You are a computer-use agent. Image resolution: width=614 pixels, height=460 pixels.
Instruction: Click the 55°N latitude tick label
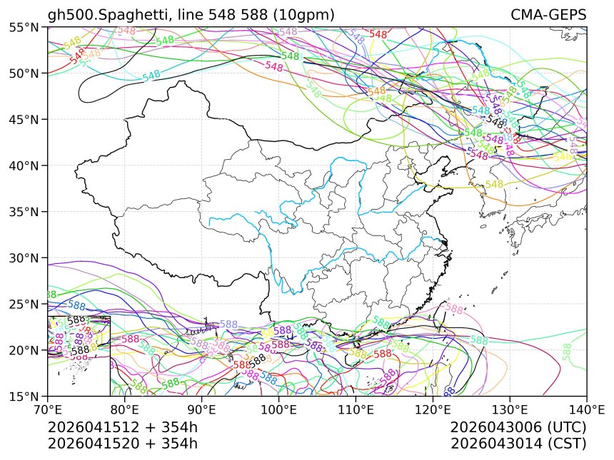(x=26, y=27)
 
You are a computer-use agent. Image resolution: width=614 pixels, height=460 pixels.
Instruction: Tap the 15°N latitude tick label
(x=26, y=396)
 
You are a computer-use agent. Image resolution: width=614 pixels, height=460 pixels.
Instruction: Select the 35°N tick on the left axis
(x=26, y=212)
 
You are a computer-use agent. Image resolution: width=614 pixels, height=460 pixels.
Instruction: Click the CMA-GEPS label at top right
(x=548, y=15)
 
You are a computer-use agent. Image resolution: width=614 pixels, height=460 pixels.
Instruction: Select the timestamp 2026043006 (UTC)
(x=518, y=428)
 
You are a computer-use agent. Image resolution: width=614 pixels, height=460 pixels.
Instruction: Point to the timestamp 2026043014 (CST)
(x=518, y=444)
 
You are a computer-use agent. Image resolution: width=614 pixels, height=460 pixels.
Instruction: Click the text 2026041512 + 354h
(x=122, y=428)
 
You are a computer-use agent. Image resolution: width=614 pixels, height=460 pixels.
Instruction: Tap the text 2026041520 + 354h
(x=122, y=444)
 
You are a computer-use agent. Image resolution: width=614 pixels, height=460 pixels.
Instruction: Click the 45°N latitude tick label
(x=26, y=119)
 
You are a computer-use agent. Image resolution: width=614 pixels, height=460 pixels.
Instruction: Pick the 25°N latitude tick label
(x=26, y=304)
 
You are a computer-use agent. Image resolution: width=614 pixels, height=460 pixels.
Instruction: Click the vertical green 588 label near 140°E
(x=567, y=352)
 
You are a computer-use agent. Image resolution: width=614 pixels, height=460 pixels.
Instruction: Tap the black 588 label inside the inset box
(x=80, y=350)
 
